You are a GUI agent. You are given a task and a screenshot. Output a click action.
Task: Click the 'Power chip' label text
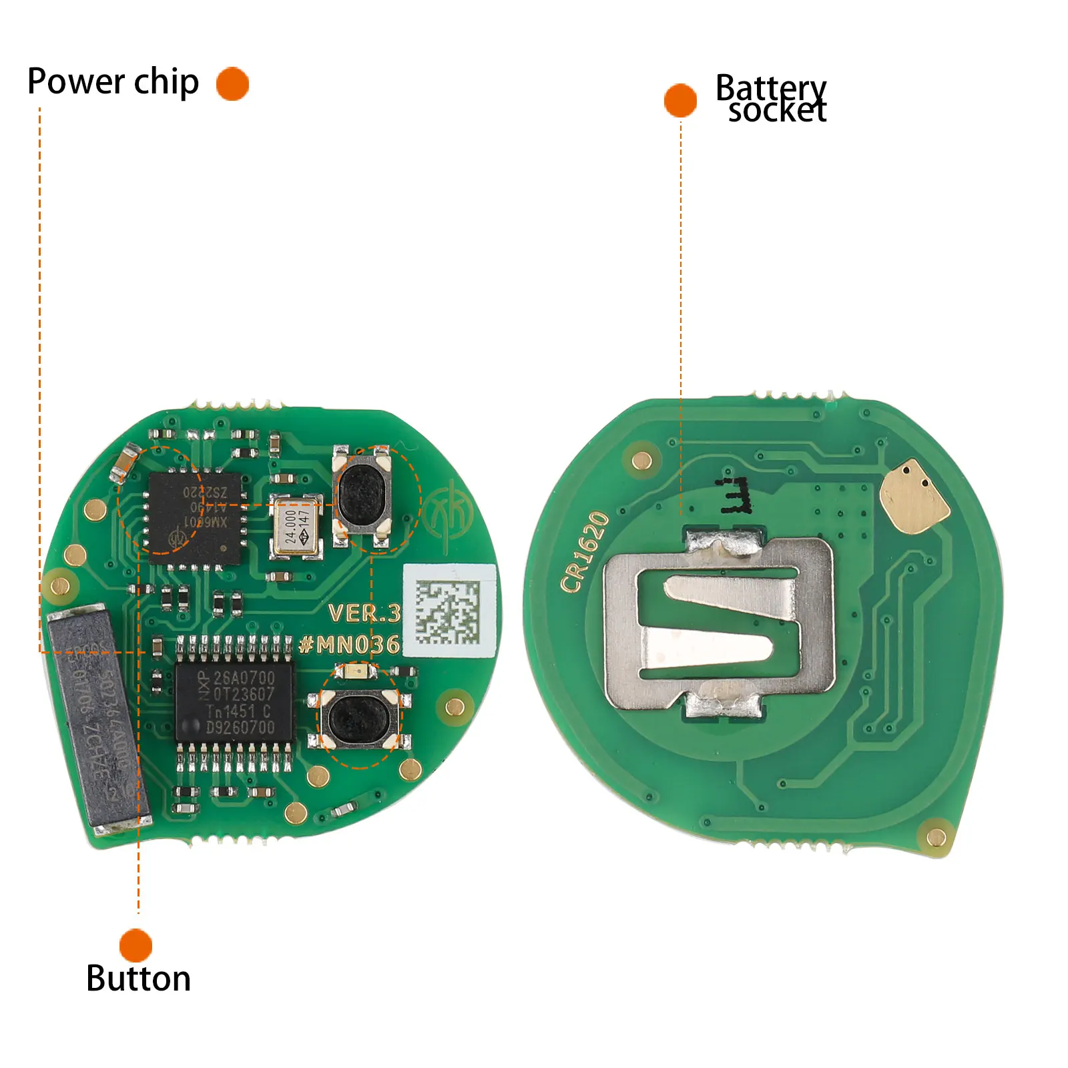click(113, 83)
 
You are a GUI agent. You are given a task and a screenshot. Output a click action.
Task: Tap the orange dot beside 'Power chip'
click(232, 84)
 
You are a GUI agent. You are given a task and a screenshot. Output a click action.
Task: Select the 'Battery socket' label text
click(772, 99)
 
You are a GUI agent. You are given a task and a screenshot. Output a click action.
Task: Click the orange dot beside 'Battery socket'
click(680, 100)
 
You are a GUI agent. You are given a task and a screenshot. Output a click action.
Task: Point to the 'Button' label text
click(138, 979)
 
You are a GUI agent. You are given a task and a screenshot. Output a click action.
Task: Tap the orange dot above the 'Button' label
click(136, 945)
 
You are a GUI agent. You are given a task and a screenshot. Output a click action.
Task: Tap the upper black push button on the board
click(362, 493)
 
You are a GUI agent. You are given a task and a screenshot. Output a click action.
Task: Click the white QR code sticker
click(449, 611)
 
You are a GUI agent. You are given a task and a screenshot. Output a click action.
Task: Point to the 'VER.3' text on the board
click(364, 613)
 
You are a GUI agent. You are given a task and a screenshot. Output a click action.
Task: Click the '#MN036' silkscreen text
click(350, 644)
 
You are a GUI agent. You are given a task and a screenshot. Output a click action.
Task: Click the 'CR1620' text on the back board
click(585, 551)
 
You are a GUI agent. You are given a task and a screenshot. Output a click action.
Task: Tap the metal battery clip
click(720, 625)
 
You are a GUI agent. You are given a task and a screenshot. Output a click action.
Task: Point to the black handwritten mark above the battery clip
click(735, 495)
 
